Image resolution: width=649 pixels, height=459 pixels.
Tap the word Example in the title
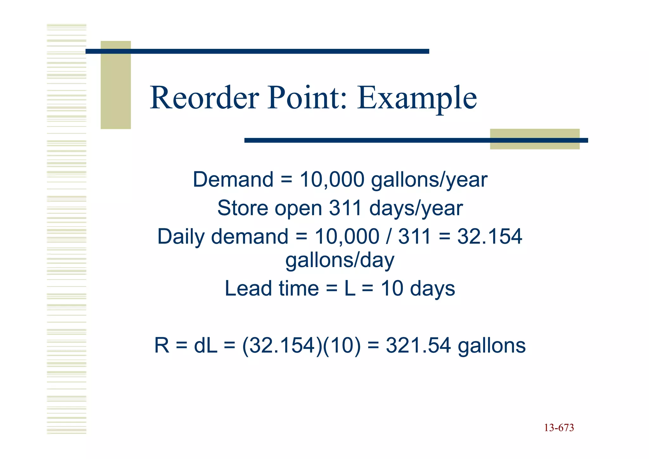pyautogui.click(x=417, y=98)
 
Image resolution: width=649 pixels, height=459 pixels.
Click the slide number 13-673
pyautogui.click(x=559, y=428)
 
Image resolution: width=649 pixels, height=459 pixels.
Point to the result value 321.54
pyautogui.click(x=418, y=345)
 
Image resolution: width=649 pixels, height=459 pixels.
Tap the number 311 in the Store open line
pyautogui.click(x=346, y=208)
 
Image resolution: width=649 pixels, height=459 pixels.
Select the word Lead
pyautogui.click(x=249, y=288)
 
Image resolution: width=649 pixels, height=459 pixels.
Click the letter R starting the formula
pyautogui.click(x=162, y=345)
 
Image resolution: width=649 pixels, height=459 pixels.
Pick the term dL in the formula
pyautogui.click(x=205, y=345)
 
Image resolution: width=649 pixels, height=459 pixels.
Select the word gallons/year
pyautogui.click(x=429, y=180)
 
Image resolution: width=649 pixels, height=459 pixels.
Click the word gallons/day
pyautogui.click(x=340, y=260)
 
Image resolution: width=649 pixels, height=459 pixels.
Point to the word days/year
pyautogui.click(x=416, y=209)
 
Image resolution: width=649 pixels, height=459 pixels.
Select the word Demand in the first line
pyautogui.click(x=233, y=180)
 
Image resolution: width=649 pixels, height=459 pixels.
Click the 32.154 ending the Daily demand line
pyautogui.click(x=489, y=237)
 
